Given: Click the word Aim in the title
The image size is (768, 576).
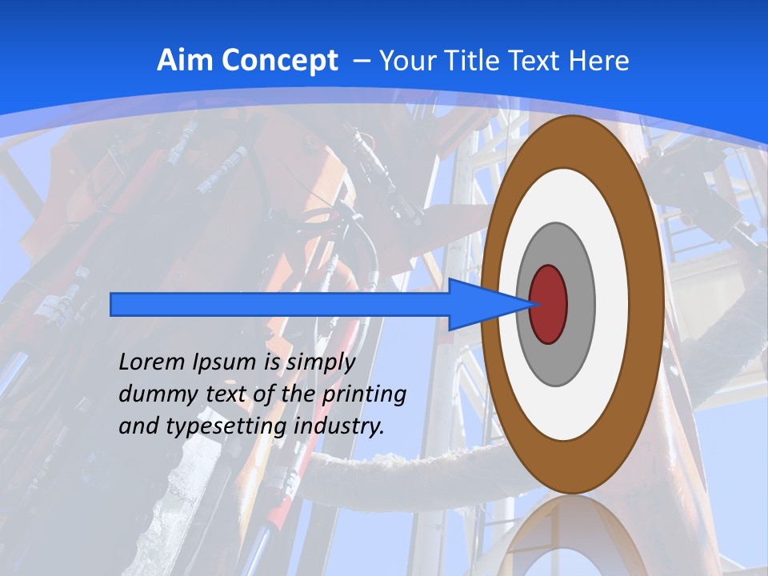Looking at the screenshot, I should (185, 61).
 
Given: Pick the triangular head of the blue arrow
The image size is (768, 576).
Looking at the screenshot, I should (480, 304).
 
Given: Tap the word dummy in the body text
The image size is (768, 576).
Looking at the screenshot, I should (151, 394).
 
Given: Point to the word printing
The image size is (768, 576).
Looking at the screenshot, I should (364, 394).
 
